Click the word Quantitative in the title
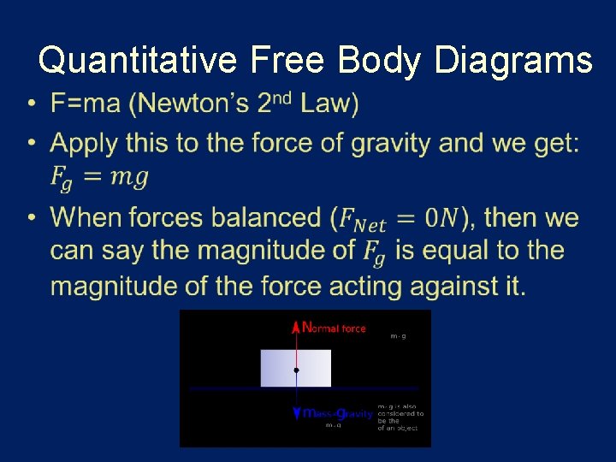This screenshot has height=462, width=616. pyautogui.click(x=138, y=61)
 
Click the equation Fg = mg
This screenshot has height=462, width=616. pyautogui.click(x=99, y=177)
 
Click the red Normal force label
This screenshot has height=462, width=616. pyautogui.click(x=335, y=327)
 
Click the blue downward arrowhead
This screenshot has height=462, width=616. pyautogui.click(x=296, y=414)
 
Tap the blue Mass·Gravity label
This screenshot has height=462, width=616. pyautogui.click(x=338, y=414)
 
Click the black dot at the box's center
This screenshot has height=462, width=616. pyautogui.click(x=296, y=370)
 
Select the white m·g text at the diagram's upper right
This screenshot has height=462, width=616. pyautogui.click(x=398, y=336)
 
